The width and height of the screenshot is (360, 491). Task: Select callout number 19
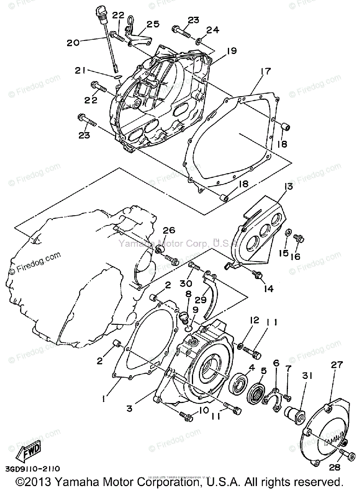[232, 51]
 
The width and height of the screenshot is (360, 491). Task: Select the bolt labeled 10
[186, 417]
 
